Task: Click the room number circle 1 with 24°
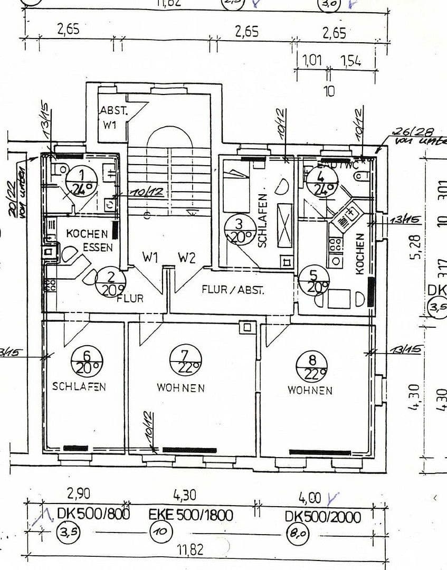click(81, 181)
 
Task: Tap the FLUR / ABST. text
click(233, 290)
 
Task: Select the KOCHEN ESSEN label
click(88, 240)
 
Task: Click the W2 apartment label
click(186, 258)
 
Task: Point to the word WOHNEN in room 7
click(180, 388)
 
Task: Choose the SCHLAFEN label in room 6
click(79, 386)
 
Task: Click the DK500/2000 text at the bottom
click(323, 517)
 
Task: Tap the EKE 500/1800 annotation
click(191, 515)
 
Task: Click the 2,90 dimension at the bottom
click(79, 494)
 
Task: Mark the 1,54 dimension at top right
click(350, 61)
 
